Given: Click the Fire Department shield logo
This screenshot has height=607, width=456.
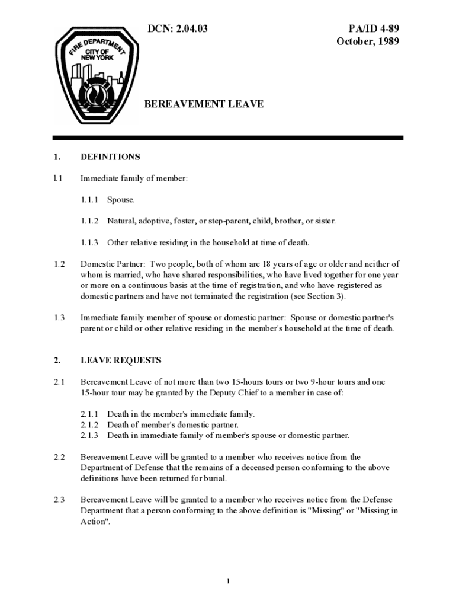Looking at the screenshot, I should pos(95,76).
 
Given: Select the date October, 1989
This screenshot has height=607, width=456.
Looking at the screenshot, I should pos(368,41).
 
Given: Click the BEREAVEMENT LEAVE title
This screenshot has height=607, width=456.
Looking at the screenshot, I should pos(204,104).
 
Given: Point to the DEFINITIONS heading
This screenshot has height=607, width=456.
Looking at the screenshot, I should pos(110,157).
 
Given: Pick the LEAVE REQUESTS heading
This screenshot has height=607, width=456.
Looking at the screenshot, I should pos(121,360).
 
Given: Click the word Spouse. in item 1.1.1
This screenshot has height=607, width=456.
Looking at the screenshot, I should pos(121,200).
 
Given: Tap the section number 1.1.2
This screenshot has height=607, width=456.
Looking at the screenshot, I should pos(89,221).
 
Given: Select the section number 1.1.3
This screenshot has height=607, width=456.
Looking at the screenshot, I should pos(89,242).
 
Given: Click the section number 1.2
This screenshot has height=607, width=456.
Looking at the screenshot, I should pos(59,264).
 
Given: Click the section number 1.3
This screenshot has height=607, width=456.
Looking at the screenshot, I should pos(59,318).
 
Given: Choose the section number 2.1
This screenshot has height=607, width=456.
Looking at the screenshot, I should pos(59,382).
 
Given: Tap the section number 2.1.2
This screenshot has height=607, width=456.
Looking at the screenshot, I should pos(89,425).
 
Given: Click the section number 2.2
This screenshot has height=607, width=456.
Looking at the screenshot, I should pos(59,457).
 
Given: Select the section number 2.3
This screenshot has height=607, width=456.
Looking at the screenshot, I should pos(59,500).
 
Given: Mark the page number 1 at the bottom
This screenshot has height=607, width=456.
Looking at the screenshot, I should pos(228,580).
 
